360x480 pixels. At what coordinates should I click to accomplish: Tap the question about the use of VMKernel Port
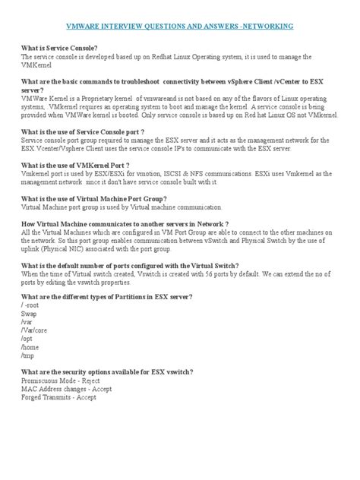click(75, 165)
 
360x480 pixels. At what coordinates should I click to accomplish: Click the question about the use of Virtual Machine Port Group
click(94, 198)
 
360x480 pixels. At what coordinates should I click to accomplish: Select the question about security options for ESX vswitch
click(106, 371)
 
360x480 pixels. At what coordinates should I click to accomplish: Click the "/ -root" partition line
click(33, 305)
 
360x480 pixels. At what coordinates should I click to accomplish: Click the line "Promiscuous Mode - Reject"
click(61, 380)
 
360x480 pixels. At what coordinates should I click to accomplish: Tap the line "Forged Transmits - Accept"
click(58, 396)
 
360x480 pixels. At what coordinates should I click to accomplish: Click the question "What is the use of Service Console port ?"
click(83, 131)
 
